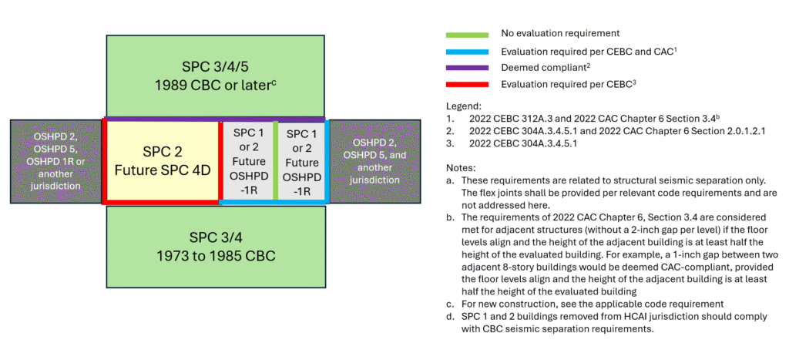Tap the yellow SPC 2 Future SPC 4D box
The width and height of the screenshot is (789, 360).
coord(162,160)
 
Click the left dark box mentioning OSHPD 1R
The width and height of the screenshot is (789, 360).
coord(55,160)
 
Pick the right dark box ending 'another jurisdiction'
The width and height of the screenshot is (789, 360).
coord(375,160)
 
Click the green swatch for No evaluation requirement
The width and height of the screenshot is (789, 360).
coord(467,34)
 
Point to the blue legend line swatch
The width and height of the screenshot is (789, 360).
coord(467,52)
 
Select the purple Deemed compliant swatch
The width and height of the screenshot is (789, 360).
coord(467,68)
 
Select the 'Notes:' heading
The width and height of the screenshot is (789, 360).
coord(462,167)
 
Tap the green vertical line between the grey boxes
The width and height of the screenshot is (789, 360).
coord(275,160)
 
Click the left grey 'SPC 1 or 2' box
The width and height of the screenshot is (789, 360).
coord(248,160)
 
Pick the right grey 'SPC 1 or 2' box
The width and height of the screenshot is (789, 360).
coord(301,160)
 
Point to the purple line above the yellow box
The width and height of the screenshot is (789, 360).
coord(162,119)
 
